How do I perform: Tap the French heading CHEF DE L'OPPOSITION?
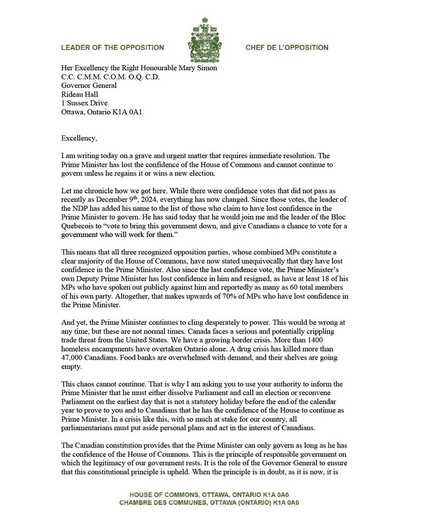tap(287, 48)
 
